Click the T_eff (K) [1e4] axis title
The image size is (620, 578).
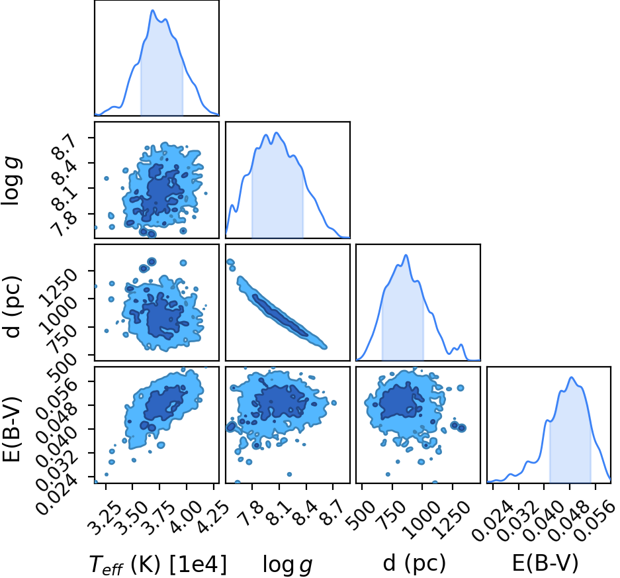coord(158,564)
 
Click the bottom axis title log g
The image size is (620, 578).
coord(287,565)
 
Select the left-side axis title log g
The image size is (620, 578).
coord(11,181)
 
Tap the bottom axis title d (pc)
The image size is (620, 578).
coord(414,563)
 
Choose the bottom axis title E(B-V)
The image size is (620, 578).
coord(545,563)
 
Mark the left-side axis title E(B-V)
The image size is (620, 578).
coord(11,429)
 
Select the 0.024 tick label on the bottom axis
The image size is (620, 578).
coord(491,519)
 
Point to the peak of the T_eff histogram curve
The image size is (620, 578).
coord(153,11)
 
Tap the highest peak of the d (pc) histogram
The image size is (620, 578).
coord(406,255)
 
